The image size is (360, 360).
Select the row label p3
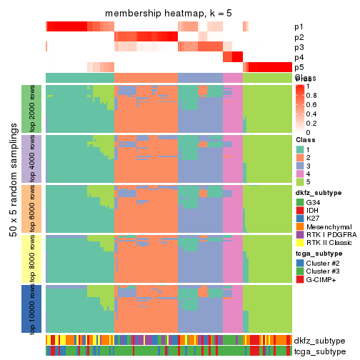point(298,47)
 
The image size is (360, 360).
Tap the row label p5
point(298,67)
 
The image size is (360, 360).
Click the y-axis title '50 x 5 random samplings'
point(13,208)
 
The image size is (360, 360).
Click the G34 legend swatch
point(300,203)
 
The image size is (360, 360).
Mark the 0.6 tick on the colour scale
point(313,104)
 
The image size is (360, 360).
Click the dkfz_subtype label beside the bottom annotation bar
point(319,340)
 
